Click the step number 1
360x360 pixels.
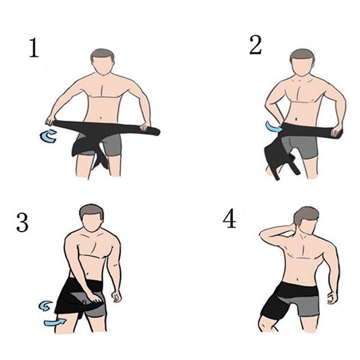tap(34, 49)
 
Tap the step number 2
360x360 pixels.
tap(255, 45)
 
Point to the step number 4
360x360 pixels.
tap(229, 219)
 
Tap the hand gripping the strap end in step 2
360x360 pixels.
tap(335, 131)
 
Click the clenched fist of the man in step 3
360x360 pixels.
tap(118, 297)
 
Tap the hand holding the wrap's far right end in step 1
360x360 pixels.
tap(145, 127)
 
